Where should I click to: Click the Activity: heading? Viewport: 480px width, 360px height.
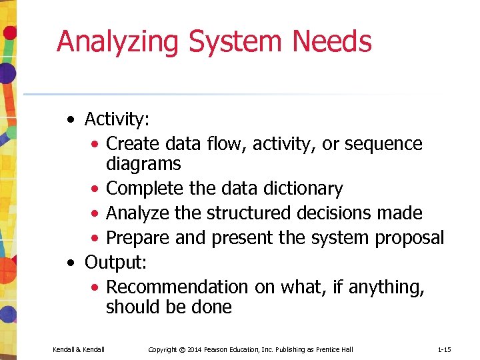tap(117, 119)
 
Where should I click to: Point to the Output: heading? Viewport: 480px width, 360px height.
tap(115, 263)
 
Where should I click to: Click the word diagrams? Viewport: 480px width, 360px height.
tap(143, 164)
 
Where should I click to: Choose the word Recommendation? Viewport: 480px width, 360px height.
tap(177, 287)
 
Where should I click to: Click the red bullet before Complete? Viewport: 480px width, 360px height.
tap(97, 190)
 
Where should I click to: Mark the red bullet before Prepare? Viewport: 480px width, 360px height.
tap(97, 239)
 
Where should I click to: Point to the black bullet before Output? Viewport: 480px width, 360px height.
tap(71, 263)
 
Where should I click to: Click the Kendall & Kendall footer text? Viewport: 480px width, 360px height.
tap(79, 349)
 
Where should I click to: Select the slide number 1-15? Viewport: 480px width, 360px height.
tap(444, 349)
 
